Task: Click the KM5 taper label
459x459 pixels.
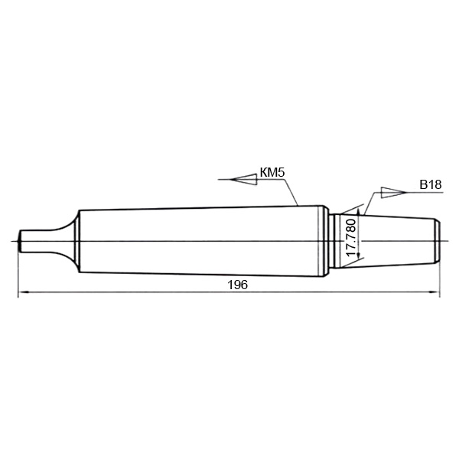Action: pyautogui.click(x=272, y=173)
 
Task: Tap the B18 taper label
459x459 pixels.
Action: pyautogui.click(x=430, y=184)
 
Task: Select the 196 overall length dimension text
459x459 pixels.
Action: pyautogui.click(x=237, y=285)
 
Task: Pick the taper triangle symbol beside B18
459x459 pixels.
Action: pyautogui.click(x=394, y=192)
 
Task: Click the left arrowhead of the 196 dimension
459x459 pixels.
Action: pyautogui.click(x=24, y=292)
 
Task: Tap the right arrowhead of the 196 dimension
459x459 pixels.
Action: pyautogui.click(x=434, y=292)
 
